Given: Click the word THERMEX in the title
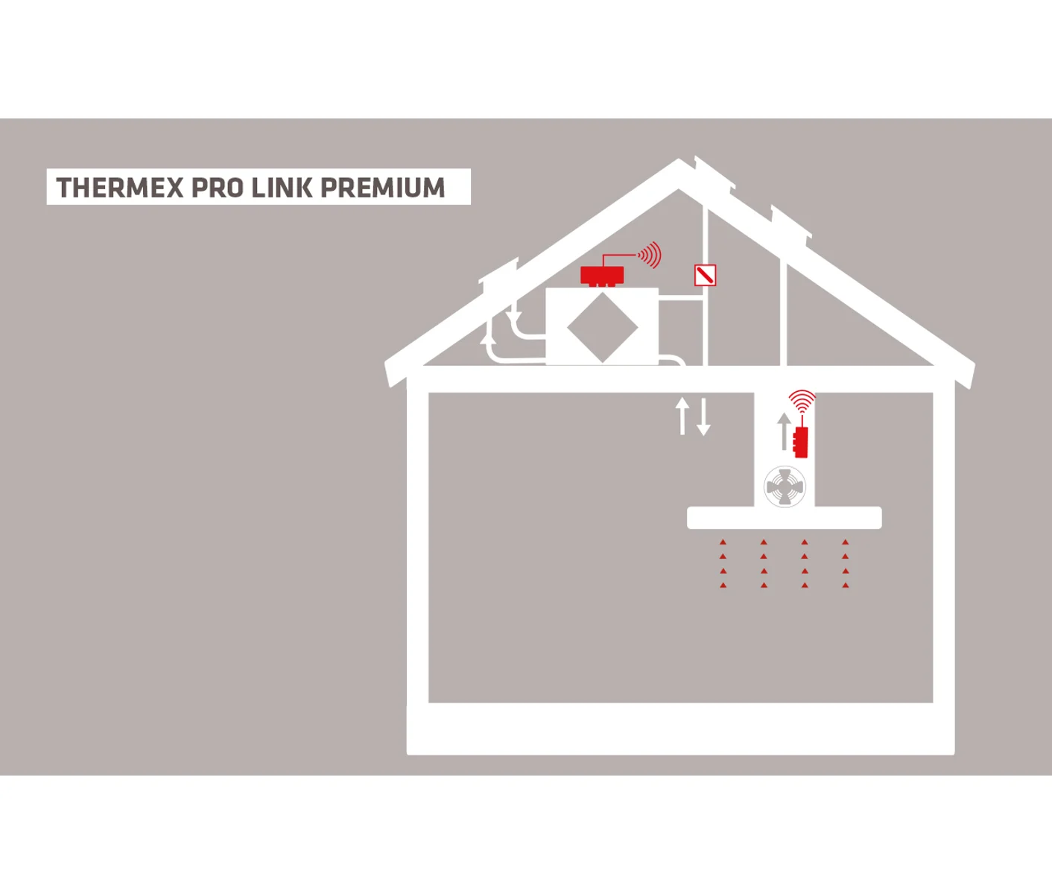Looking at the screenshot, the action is pyautogui.click(x=120, y=187).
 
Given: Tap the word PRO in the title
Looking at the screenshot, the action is pyautogui.click(x=218, y=187).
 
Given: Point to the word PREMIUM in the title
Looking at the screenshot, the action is pyautogui.click(x=382, y=187).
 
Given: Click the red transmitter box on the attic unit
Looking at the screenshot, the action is pyautogui.click(x=602, y=276).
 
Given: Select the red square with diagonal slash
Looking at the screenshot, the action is pyautogui.click(x=705, y=275).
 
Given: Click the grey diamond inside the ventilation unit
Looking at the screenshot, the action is pyautogui.click(x=602, y=328).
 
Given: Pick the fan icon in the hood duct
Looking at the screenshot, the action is pyautogui.click(x=785, y=487).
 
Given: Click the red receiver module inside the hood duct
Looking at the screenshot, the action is pyautogui.click(x=801, y=443).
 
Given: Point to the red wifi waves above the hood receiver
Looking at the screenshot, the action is pyautogui.click(x=802, y=402).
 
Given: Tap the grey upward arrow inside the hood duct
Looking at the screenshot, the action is pyautogui.click(x=785, y=431).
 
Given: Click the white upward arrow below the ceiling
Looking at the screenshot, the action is pyautogui.click(x=682, y=416).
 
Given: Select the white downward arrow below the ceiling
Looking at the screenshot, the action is pyautogui.click(x=704, y=416).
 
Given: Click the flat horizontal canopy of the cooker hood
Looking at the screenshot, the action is pyautogui.click(x=785, y=518).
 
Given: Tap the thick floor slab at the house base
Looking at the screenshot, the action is pyautogui.click(x=680, y=729).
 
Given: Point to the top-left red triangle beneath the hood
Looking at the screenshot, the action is pyautogui.click(x=723, y=542).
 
